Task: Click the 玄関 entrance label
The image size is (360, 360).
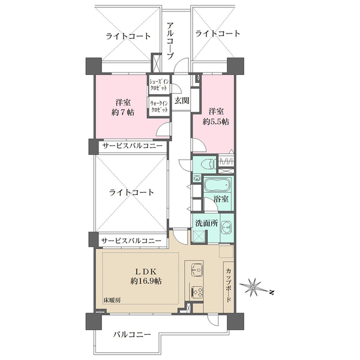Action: coord(182,101)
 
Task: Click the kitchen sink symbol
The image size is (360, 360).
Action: coord(197,269)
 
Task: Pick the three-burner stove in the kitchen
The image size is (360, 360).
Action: coord(197,293)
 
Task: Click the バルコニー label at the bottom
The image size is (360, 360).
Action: coord(131,335)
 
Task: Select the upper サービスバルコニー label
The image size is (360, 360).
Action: coord(131,146)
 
